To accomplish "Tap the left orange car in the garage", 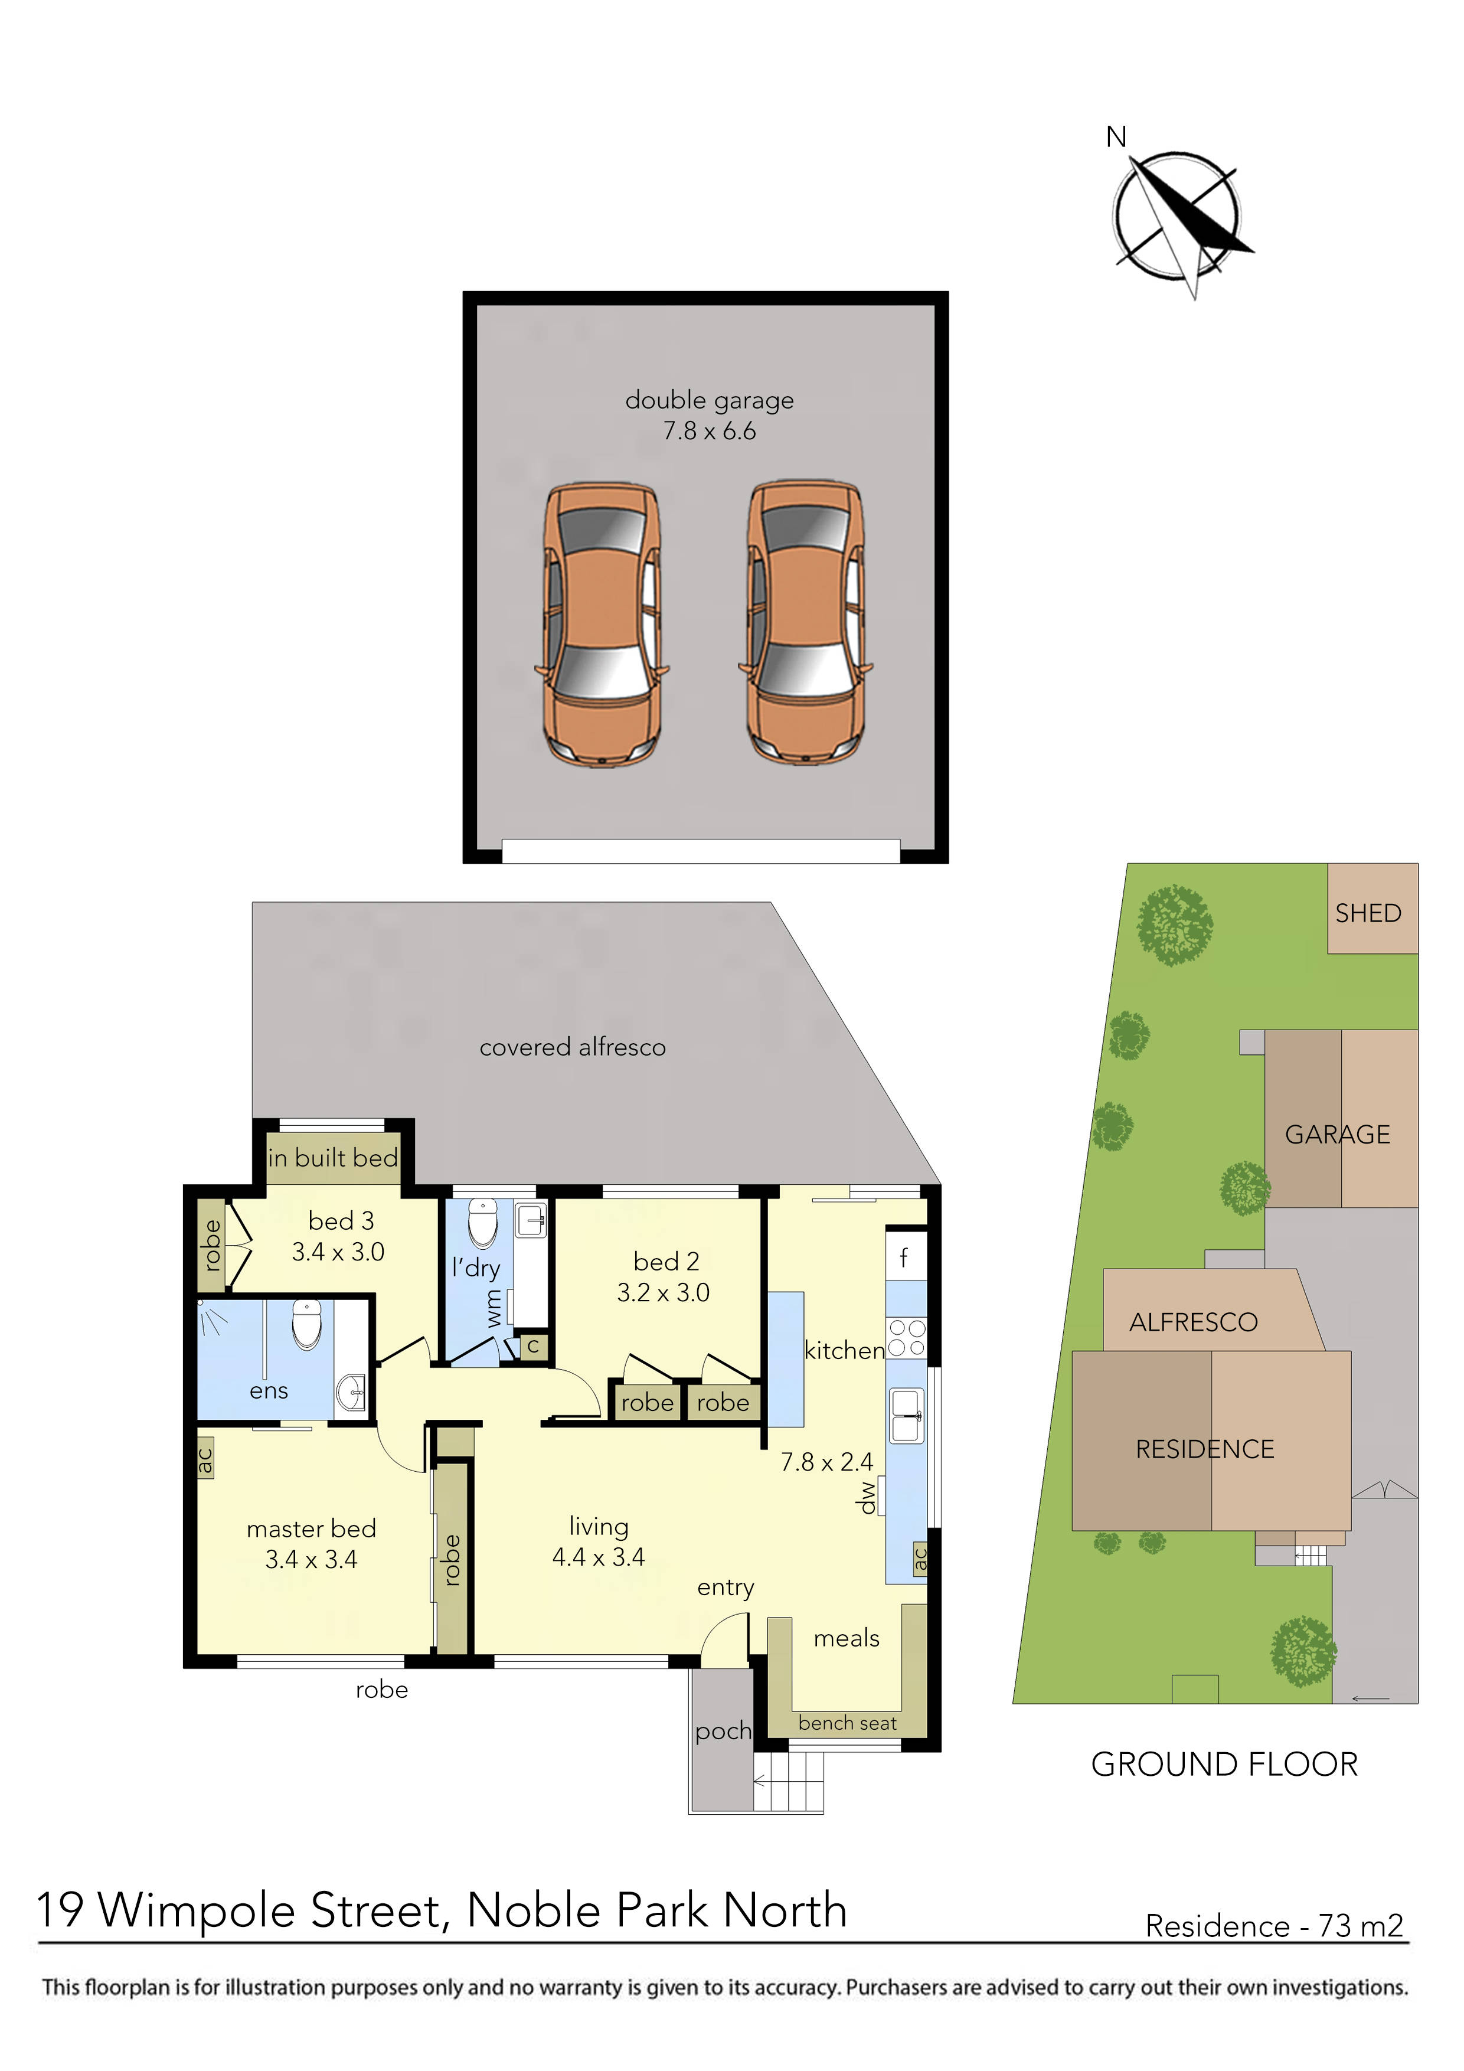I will coord(602,622).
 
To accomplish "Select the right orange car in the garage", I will coord(805,622).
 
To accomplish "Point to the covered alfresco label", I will coord(572,1047).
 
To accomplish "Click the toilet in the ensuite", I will coord(307,1324).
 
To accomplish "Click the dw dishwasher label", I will coord(867,1497).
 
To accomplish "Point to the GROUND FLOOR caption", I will coord(1224,1765).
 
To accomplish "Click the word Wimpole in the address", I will coord(201,1910).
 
